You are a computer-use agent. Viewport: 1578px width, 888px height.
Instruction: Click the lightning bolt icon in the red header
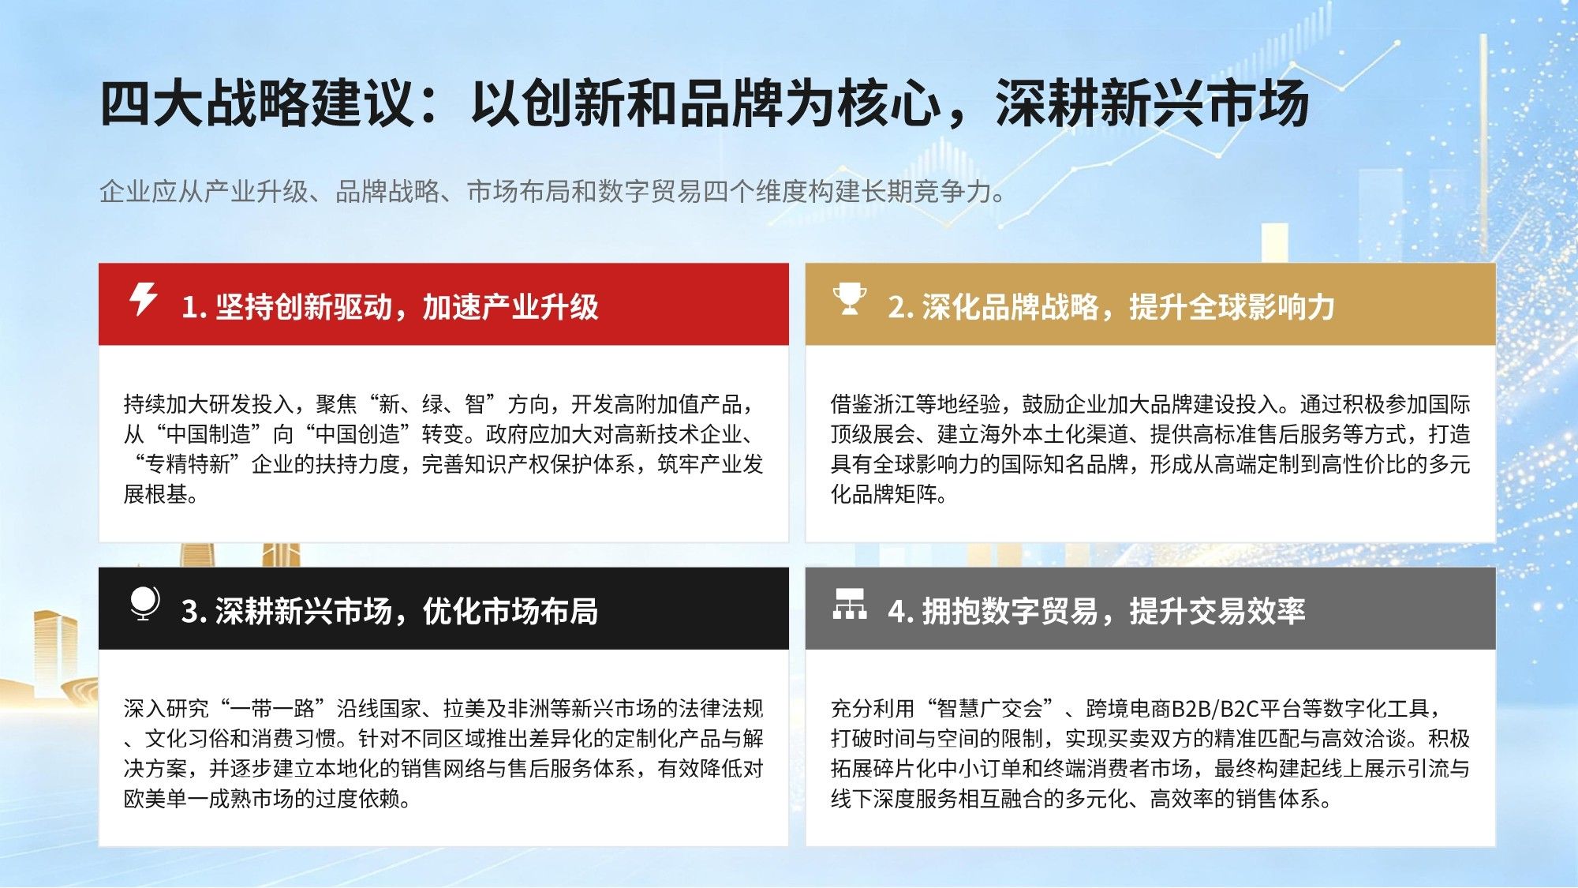pyautogui.click(x=143, y=299)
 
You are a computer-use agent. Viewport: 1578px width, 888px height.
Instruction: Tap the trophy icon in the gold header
pyautogui.click(x=850, y=300)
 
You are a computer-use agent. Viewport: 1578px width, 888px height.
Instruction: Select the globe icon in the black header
pyautogui.click(x=144, y=604)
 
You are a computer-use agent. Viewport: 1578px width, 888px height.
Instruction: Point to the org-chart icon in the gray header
pyautogui.click(x=850, y=604)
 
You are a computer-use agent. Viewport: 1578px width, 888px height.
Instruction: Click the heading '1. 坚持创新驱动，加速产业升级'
pyautogui.click(x=390, y=307)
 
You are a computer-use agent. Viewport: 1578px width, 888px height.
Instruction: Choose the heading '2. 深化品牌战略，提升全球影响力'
pyautogui.click(x=1111, y=307)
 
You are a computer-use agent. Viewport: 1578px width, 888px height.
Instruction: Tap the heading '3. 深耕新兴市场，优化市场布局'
pyautogui.click(x=390, y=611)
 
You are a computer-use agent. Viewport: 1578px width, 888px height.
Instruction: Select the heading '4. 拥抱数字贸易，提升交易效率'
pyautogui.click(x=1097, y=611)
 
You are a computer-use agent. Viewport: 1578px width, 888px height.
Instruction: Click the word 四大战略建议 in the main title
pyautogui.click(x=257, y=103)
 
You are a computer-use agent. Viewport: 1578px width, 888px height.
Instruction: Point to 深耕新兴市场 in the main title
pyautogui.click(x=1152, y=103)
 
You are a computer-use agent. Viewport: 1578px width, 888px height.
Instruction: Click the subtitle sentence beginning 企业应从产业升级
pyautogui.click(x=553, y=191)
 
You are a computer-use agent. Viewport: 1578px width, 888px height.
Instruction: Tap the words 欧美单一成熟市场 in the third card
pyautogui.click(x=208, y=799)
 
